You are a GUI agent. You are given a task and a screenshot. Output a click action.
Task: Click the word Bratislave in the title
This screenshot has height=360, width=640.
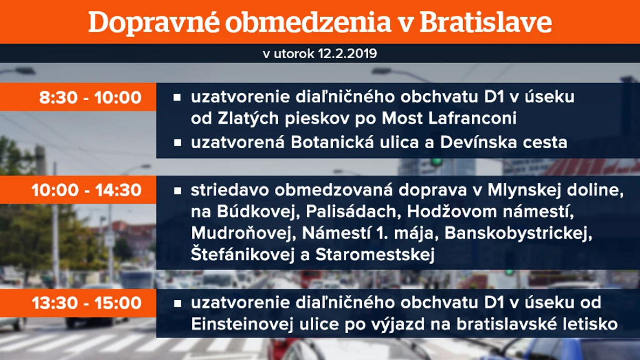[486, 22]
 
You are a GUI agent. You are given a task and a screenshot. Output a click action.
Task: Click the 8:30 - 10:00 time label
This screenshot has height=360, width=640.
[90, 97]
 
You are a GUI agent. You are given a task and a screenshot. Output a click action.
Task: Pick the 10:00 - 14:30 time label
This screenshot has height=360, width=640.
[86, 190]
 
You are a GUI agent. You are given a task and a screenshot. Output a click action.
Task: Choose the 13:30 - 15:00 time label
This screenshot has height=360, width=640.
[86, 303]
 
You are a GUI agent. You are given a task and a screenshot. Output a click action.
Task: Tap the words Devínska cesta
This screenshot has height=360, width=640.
[504, 142]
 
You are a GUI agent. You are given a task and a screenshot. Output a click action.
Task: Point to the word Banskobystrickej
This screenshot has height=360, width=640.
[518, 234]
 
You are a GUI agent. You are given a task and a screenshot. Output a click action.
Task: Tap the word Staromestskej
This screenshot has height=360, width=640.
[375, 255]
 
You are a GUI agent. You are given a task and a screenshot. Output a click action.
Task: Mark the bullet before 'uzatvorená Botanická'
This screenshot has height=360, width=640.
[177, 142]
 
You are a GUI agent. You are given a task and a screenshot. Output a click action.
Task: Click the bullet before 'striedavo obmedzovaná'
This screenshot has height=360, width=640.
[177, 191]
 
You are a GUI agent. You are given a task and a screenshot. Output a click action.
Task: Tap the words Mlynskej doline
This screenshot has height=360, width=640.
[556, 190]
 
